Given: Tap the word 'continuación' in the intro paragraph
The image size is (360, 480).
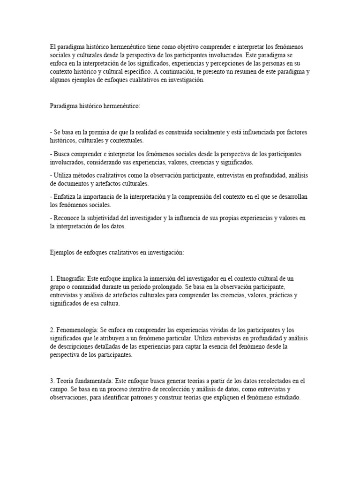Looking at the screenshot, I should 187,72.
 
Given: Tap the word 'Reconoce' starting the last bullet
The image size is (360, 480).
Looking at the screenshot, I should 67,218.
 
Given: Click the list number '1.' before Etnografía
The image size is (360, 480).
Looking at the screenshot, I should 52,278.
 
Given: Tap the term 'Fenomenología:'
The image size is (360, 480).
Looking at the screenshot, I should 78,330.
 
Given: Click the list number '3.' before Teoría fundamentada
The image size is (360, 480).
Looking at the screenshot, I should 52,381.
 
